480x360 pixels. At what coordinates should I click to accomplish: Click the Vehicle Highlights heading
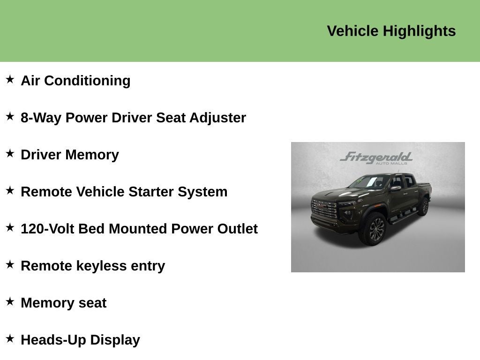391,31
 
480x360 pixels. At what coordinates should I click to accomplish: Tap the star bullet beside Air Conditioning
10,79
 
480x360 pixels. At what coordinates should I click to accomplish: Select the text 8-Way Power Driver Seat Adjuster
133,118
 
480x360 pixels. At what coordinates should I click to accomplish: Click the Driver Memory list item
70,155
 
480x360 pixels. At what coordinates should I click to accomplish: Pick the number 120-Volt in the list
47,229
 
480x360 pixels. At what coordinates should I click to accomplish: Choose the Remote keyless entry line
93,266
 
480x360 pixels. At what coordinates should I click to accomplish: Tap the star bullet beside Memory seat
10,301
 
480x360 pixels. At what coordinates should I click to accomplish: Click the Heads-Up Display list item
80,340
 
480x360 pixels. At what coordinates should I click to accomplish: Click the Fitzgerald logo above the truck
376,158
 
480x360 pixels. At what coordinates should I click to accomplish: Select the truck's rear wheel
424,206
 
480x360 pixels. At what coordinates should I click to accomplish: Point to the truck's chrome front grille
324,209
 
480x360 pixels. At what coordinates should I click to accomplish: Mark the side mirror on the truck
396,188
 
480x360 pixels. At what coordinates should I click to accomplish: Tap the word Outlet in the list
238,229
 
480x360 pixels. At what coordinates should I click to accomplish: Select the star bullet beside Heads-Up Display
10,338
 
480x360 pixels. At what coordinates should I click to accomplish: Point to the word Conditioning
87,81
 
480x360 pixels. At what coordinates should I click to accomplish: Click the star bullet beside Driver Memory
10,153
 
